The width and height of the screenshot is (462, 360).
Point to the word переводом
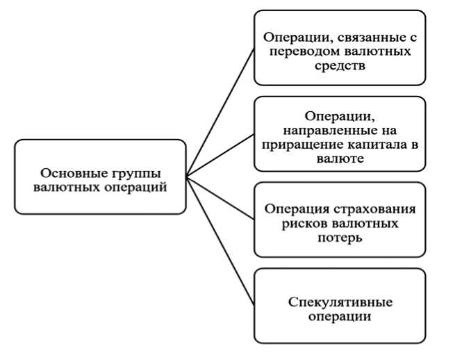click(310, 52)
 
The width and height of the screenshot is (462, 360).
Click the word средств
click(338, 67)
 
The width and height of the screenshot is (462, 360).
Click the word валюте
click(338, 159)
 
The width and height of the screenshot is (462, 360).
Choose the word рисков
click(299, 224)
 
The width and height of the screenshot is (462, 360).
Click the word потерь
click(338, 238)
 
